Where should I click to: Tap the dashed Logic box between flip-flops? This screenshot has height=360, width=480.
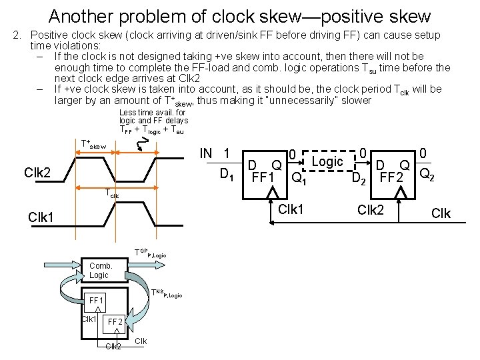pyautogui.click(x=327, y=162)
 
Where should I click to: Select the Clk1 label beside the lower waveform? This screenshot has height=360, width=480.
pyautogui.click(x=43, y=217)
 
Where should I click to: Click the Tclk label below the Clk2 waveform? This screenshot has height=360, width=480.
pyautogui.click(x=112, y=195)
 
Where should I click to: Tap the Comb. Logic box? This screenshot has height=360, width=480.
pyautogui.click(x=99, y=271)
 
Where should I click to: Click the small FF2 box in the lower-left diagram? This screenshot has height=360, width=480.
pyautogui.click(x=115, y=322)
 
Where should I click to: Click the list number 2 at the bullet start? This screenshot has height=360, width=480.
pyautogui.click(x=18, y=35)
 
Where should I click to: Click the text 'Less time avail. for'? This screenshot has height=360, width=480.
pyautogui.click(x=153, y=112)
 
